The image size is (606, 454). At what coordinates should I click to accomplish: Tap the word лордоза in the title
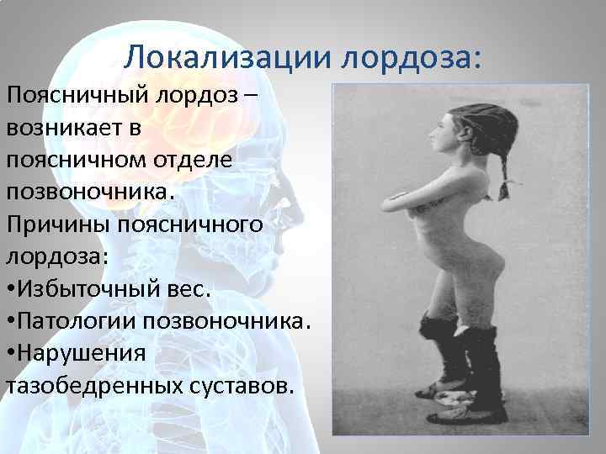pyautogui.click(x=412, y=56)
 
